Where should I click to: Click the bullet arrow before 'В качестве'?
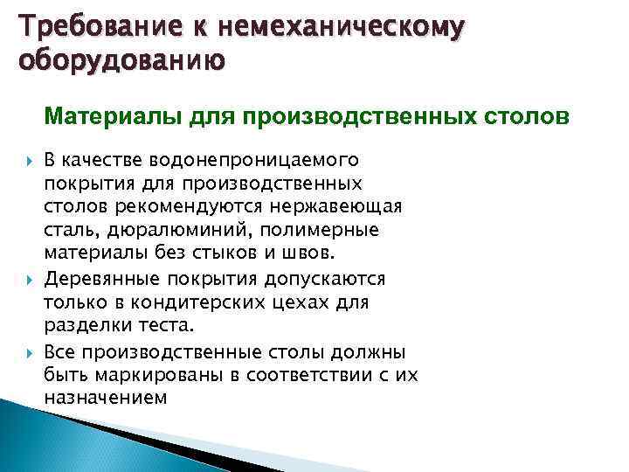(25, 161)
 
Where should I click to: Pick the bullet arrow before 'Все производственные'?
(25, 351)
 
